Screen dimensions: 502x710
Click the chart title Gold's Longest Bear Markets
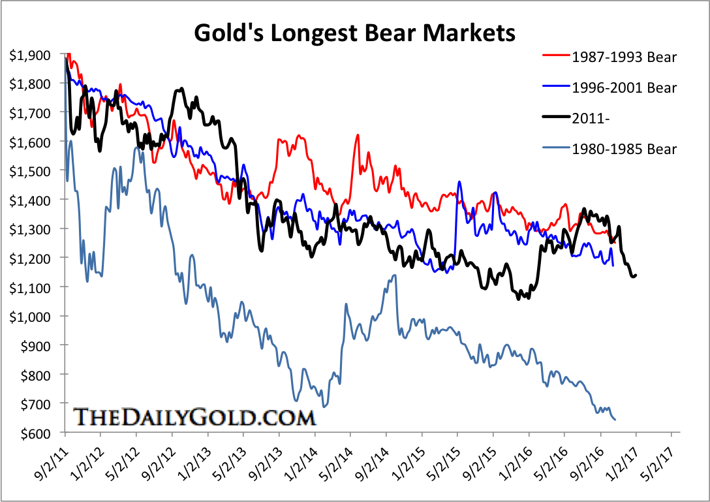(x=355, y=31)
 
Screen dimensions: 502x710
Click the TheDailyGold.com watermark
(x=194, y=416)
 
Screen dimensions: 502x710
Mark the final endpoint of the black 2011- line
(x=636, y=275)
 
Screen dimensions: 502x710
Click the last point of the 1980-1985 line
(x=615, y=419)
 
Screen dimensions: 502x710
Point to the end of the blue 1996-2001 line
(x=613, y=266)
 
